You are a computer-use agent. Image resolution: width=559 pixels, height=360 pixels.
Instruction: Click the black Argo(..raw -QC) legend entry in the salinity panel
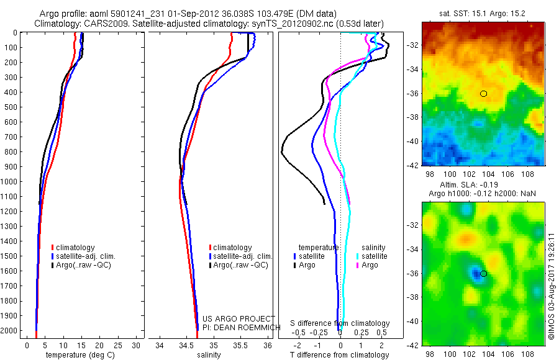click(239, 265)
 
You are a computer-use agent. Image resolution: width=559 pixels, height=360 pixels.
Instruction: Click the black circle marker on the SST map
click(484, 94)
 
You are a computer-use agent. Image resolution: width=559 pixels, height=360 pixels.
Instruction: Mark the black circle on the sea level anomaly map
click(484, 274)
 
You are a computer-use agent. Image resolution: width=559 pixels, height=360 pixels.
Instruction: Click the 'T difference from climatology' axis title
click(339, 356)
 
